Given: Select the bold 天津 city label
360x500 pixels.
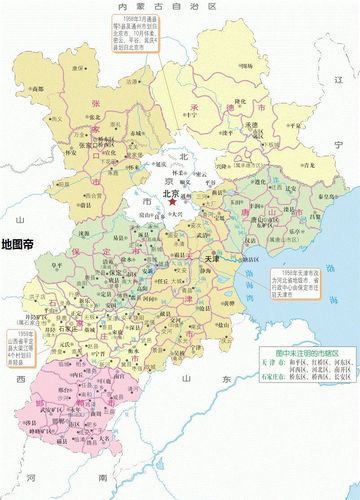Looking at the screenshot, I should point(213,258).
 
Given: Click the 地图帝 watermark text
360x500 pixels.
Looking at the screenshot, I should point(20,243).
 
